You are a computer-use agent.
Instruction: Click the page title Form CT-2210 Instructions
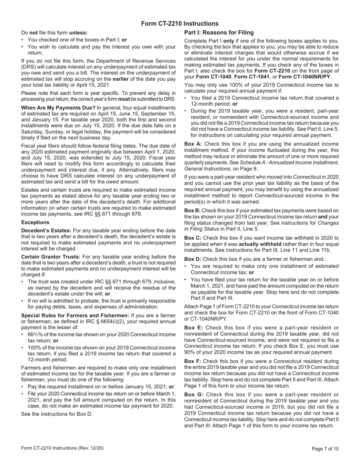click(180, 23)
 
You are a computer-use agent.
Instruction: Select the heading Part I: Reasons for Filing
click(219, 33)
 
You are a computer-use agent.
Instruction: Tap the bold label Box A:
click(193, 144)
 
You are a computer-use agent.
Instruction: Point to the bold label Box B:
click(193, 210)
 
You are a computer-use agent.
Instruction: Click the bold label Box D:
click(193, 259)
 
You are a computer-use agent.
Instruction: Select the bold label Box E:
click(193, 328)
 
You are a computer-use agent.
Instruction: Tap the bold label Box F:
click(193, 361)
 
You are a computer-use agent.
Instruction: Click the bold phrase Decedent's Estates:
click(46, 231)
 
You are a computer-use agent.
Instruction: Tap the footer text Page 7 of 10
click(325, 449)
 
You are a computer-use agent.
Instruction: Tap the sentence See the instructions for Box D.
click(56, 414)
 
